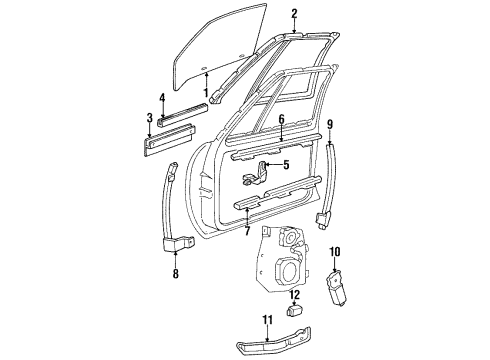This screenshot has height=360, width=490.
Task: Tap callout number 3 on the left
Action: (x=149, y=118)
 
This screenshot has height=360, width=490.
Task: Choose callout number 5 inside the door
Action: (x=285, y=165)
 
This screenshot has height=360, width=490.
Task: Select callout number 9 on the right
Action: (x=329, y=124)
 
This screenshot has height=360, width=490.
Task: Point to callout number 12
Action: (x=295, y=295)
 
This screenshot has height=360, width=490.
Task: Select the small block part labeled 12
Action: (x=295, y=312)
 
